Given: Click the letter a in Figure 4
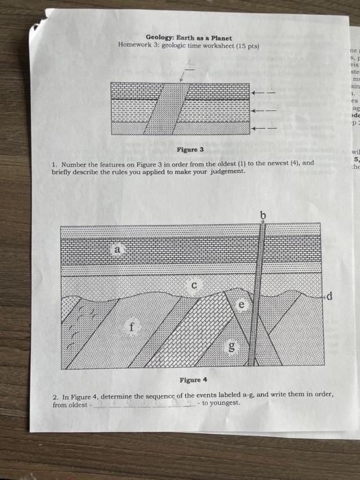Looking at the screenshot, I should pos(118,252).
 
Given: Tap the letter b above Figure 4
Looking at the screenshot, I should pos(261,217).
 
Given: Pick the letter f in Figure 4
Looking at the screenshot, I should pos(128,327).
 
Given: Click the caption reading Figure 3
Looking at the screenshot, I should pos(191,149).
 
